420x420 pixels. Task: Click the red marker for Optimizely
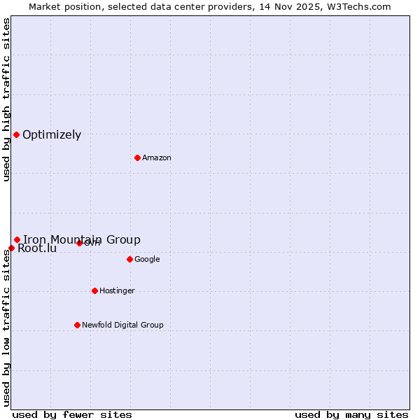tap(16, 134)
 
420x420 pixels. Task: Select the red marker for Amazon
tap(137, 157)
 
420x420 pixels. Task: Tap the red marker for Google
tap(129, 259)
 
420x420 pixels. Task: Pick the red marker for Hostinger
tap(94, 290)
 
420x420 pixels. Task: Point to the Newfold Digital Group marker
tap(77, 325)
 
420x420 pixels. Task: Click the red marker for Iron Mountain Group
tap(17, 240)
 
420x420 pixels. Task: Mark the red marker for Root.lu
tap(11, 248)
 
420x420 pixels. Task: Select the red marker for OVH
tap(79, 243)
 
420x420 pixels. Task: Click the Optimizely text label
tap(52, 135)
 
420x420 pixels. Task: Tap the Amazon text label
tap(157, 158)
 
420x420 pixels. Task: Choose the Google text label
tap(147, 260)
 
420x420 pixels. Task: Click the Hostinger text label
tap(117, 291)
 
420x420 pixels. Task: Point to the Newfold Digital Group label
tap(122, 325)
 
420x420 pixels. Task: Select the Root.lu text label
tap(37, 248)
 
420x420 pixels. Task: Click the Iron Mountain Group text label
tap(82, 240)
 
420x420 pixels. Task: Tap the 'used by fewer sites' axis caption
tap(72, 414)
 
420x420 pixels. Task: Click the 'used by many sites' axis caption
tap(351, 414)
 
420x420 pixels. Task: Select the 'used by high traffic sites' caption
tap(6, 99)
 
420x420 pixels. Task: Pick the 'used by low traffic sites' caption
tap(6, 328)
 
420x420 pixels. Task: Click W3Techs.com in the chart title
tap(357, 6)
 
